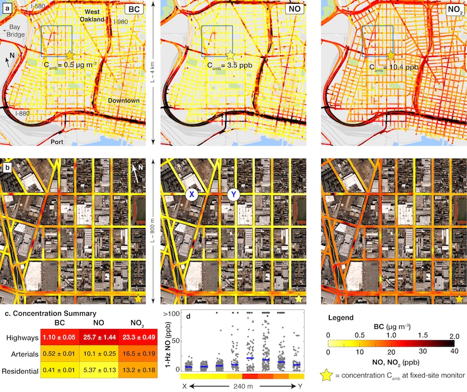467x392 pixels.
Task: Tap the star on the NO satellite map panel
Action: tap(299, 299)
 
